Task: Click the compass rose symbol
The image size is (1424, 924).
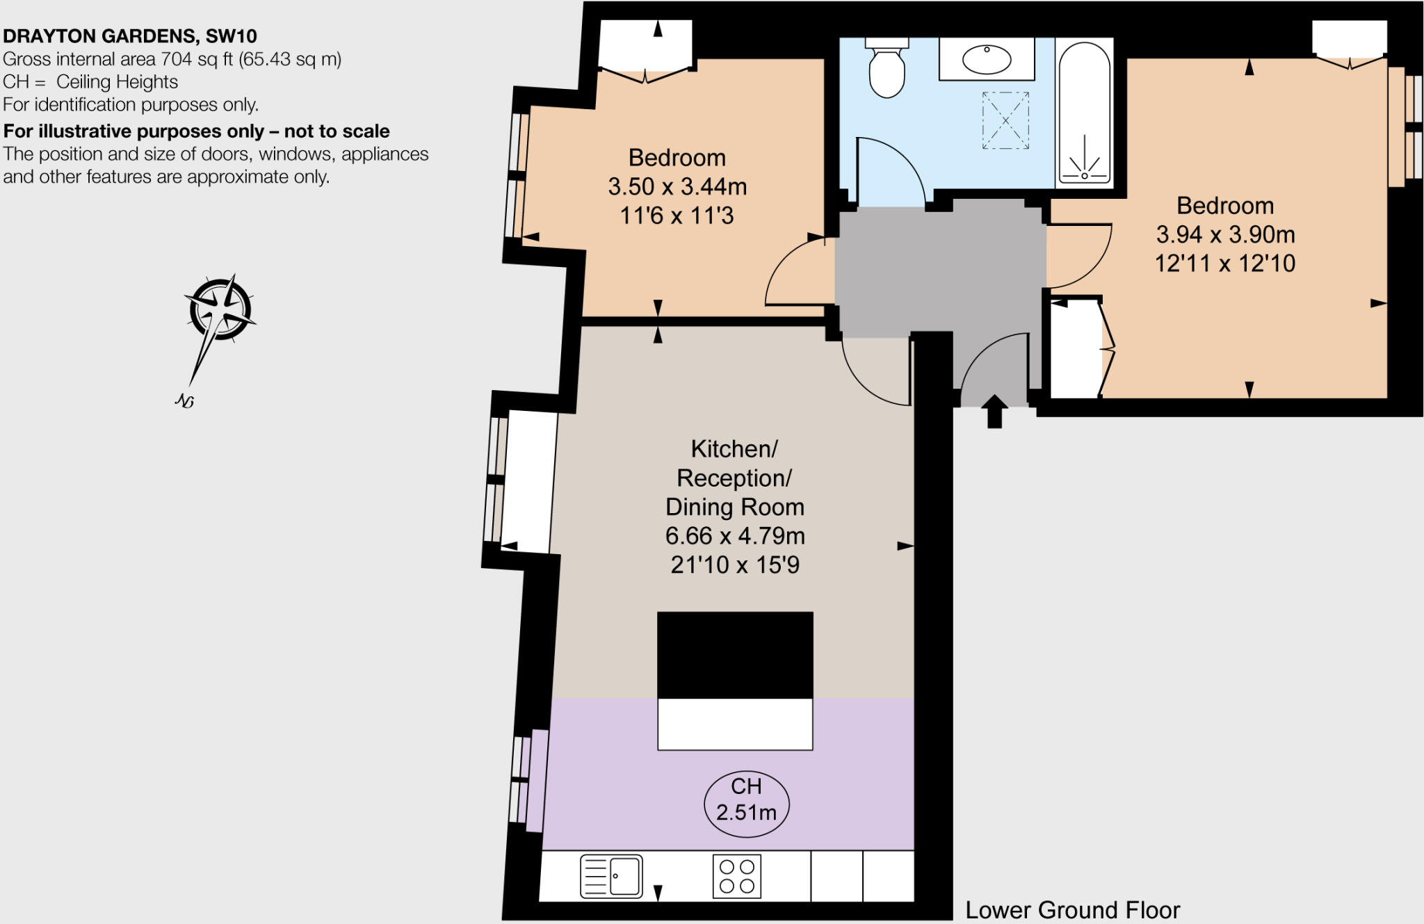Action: click(x=220, y=310)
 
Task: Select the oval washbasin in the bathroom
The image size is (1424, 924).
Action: click(x=987, y=59)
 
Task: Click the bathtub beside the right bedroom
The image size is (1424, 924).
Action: click(x=1084, y=111)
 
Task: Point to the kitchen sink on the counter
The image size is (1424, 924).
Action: click(x=612, y=876)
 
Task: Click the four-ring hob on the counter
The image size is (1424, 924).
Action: click(x=737, y=876)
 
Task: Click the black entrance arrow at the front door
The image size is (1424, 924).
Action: click(x=994, y=411)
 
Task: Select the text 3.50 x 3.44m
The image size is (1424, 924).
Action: click(x=677, y=186)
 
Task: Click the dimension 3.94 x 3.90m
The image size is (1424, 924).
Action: click(x=1225, y=234)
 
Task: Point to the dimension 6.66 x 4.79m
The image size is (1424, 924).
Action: click(x=735, y=535)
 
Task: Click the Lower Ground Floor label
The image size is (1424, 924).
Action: click(x=1072, y=910)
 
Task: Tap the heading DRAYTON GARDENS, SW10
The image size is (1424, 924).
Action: click(x=130, y=36)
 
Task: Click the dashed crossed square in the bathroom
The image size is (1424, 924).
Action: click(x=1005, y=120)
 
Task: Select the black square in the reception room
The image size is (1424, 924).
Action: click(x=735, y=654)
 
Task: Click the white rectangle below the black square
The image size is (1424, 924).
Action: click(x=735, y=724)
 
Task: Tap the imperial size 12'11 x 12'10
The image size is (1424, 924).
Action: click(x=1225, y=264)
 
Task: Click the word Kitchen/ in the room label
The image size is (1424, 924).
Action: click(x=734, y=449)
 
